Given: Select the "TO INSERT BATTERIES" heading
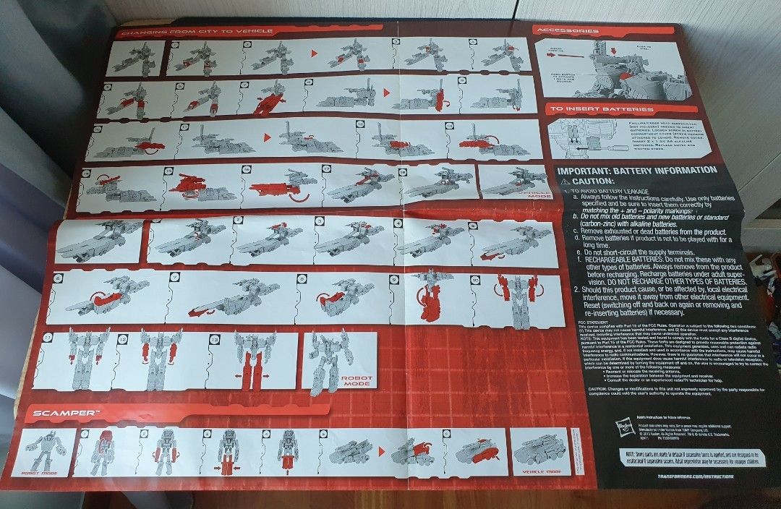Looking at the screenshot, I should pos(602,110).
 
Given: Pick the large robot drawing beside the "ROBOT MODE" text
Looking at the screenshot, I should pos(323,362).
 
